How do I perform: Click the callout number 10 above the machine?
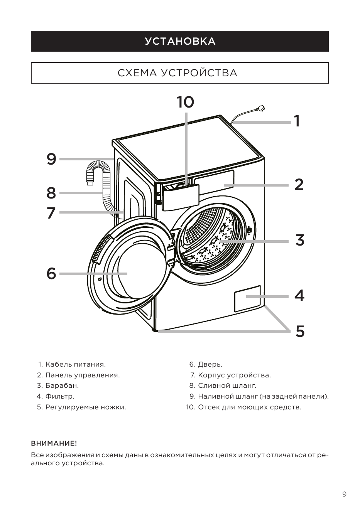click(x=186, y=102)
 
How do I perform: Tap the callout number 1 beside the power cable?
click(x=297, y=121)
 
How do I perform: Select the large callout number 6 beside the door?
click(x=51, y=273)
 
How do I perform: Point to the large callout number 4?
click(x=299, y=296)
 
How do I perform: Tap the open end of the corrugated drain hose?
click(x=90, y=183)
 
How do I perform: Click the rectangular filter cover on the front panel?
click(x=247, y=298)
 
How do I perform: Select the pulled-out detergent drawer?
click(x=180, y=196)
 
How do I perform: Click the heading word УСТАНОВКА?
click(x=180, y=41)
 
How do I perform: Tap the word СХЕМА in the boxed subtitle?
click(x=137, y=73)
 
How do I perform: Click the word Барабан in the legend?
click(x=62, y=385)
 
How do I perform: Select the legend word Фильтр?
click(x=60, y=396)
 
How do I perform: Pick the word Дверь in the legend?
click(x=210, y=364)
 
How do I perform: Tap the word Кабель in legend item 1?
click(x=58, y=364)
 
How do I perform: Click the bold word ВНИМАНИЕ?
click(x=54, y=443)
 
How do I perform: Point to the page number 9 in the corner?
click(x=344, y=493)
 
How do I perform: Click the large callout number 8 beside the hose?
click(x=51, y=193)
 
